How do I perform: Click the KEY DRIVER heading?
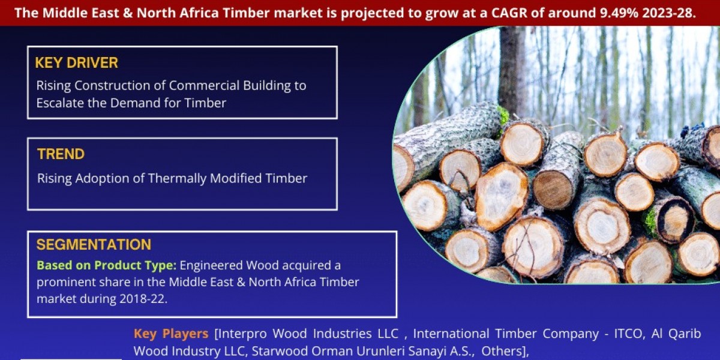(76, 63)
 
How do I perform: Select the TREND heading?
(60, 154)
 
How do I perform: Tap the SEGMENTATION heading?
(93, 245)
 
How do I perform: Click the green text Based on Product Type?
(107, 265)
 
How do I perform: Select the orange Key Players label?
(170, 334)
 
